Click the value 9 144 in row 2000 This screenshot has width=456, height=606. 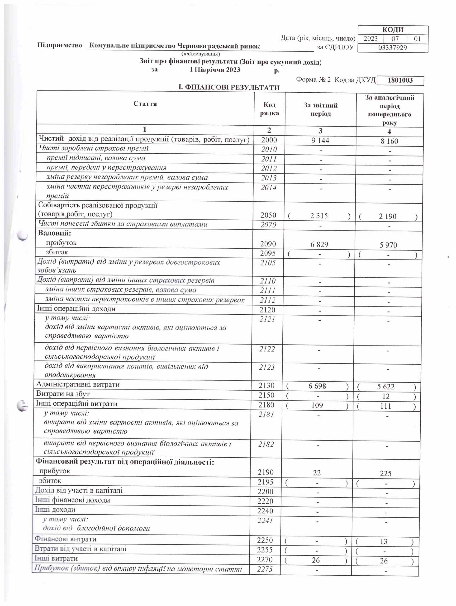tap(320, 141)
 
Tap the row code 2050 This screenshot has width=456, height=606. tap(268, 215)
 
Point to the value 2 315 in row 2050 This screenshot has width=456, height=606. tap(319, 216)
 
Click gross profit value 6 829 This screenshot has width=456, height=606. tap(319, 244)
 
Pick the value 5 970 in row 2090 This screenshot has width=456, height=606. tap(388, 245)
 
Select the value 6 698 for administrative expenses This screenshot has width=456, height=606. tap(317, 386)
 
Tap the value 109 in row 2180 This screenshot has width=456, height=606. tap(317, 405)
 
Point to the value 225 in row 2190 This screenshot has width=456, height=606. tap(385, 473)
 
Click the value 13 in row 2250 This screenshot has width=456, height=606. tap(383, 542)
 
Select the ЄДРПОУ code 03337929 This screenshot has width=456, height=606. tap(392, 48)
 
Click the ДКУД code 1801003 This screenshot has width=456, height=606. tap(400, 80)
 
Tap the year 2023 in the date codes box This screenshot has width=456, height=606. tap(370, 39)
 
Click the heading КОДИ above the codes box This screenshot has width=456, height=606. tap(393, 30)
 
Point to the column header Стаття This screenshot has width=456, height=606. tap(145, 104)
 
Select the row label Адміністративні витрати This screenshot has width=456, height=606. tap(78, 384)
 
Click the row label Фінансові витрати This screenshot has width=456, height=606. tap(66, 539)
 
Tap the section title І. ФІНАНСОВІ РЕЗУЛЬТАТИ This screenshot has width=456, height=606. tap(229, 87)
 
